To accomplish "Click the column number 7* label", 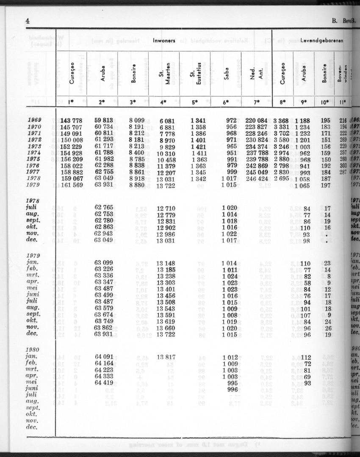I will (x=256, y=102).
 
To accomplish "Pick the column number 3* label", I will (x=133, y=102).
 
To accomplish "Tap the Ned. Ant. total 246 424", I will (x=256, y=179).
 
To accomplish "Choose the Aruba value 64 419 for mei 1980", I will (x=104, y=383).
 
